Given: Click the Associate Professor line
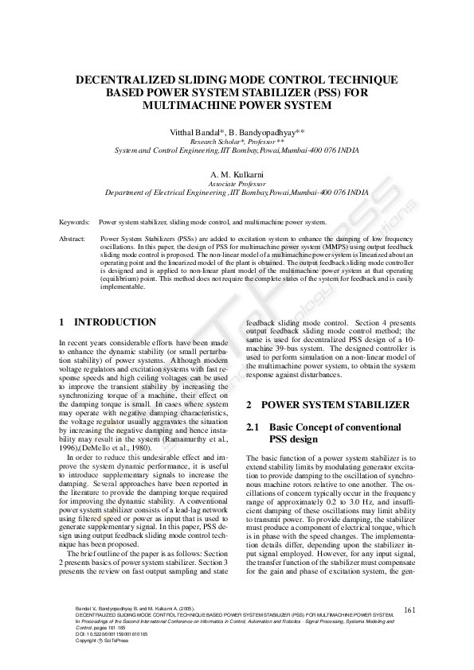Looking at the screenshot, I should (x=237, y=182).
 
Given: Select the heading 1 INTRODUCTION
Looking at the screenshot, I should (x=108, y=322).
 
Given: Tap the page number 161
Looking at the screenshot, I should (x=410, y=610).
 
